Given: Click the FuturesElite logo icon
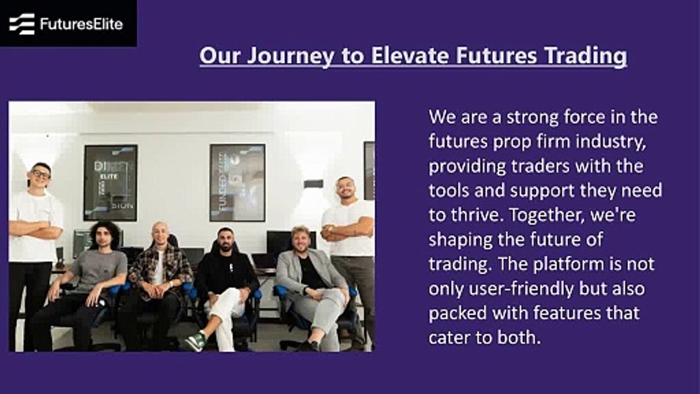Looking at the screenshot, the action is click(x=22, y=24).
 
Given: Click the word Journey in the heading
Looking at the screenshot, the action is click(x=290, y=56).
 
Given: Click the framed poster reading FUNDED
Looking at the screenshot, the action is click(x=237, y=183).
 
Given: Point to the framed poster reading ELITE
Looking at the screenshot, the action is click(x=110, y=183).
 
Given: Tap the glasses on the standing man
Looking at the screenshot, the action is click(x=40, y=174).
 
